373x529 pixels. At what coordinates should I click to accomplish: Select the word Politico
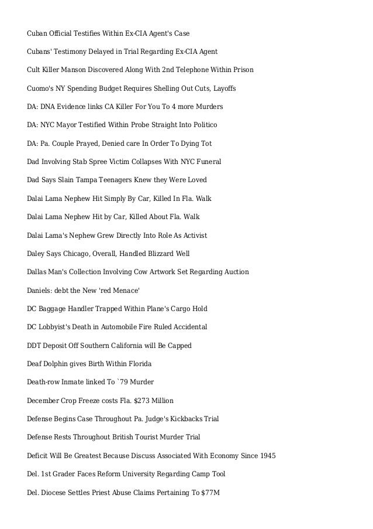point(202,125)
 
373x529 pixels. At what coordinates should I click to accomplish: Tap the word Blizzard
point(158,254)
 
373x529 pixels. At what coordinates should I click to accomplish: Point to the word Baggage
point(54,309)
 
